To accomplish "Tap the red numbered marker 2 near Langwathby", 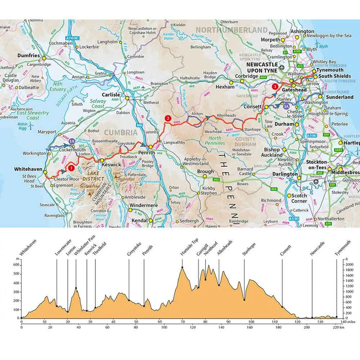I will tap(168, 118).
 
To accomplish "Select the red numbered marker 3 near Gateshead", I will tap(275, 87).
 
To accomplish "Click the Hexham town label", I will tap(224, 87).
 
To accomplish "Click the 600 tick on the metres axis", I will tap(16, 265).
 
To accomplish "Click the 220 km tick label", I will tap(335, 327).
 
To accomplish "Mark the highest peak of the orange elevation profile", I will tap(182, 267).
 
